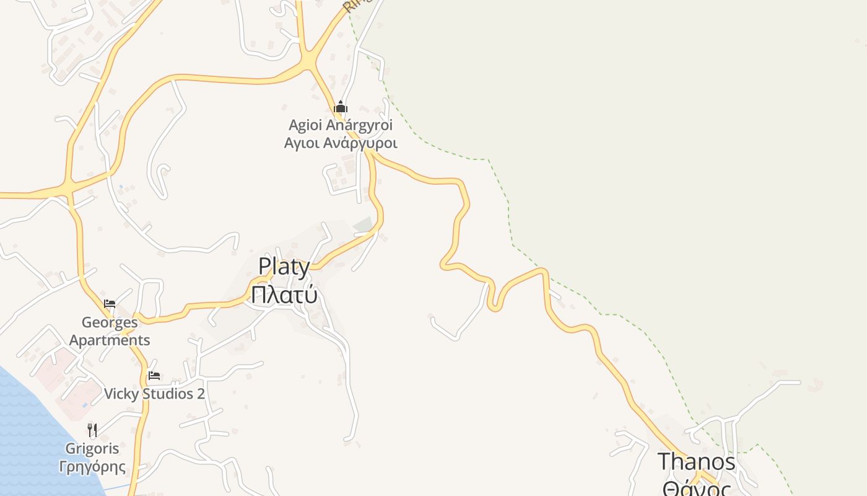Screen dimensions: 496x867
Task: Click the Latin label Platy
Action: tap(284, 267)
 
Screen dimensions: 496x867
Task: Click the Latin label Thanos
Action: tap(696, 462)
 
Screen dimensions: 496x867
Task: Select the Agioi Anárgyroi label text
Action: tap(341, 125)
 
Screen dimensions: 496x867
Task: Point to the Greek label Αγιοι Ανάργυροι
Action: tap(341, 143)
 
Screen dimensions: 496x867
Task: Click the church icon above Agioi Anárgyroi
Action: tap(341, 107)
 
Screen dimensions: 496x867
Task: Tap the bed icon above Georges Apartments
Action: tap(110, 304)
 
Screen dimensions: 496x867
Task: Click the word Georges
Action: tap(110, 322)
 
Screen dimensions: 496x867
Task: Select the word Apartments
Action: tap(110, 340)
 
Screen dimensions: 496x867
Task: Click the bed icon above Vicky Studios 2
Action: tap(154, 376)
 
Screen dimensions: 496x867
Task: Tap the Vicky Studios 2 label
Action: tap(154, 394)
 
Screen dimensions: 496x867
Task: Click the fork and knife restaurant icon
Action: tap(92, 430)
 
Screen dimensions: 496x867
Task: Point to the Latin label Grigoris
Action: tap(92, 448)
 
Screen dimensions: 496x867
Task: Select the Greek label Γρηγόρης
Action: tap(92, 466)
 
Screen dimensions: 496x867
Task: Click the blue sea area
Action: tap(25, 434)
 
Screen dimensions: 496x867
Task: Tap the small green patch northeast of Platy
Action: tap(364, 225)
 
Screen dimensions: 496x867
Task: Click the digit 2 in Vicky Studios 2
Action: tap(201, 394)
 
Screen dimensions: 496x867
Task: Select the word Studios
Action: tap(168, 394)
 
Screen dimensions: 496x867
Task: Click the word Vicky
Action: tap(122, 394)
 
